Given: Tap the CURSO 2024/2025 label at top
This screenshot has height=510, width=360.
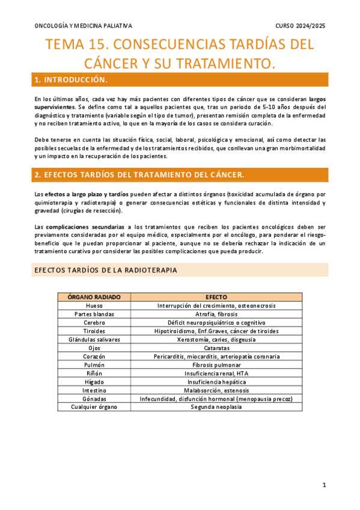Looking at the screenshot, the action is click(301, 26).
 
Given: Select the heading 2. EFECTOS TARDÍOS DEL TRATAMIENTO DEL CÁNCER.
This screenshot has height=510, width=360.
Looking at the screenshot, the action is click(139, 174).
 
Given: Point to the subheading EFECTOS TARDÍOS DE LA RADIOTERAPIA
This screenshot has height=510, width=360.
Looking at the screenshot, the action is click(105, 270).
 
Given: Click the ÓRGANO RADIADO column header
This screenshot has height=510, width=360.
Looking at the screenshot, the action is click(94, 297).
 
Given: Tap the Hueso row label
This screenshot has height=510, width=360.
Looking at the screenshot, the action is click(94, 306).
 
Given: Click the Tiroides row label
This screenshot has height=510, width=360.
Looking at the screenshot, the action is click(94, 331).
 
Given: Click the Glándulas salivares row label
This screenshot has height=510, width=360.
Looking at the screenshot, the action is click(94, 339).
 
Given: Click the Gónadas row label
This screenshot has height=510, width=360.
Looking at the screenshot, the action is click(94, 398).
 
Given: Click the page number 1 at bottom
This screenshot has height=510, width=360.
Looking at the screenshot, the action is click(324, 485).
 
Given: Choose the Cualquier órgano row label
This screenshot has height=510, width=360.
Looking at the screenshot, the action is click(94, 407).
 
